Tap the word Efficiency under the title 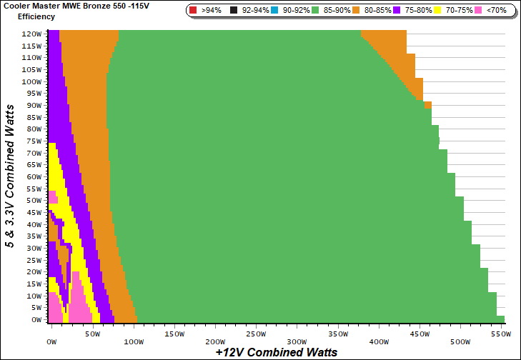(x=36, y=16)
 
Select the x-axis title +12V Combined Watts (x=276, y=352)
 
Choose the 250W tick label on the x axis (x=257, y=334)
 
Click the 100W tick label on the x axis (x=134, y=334)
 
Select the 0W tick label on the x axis (x=51, y=334)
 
